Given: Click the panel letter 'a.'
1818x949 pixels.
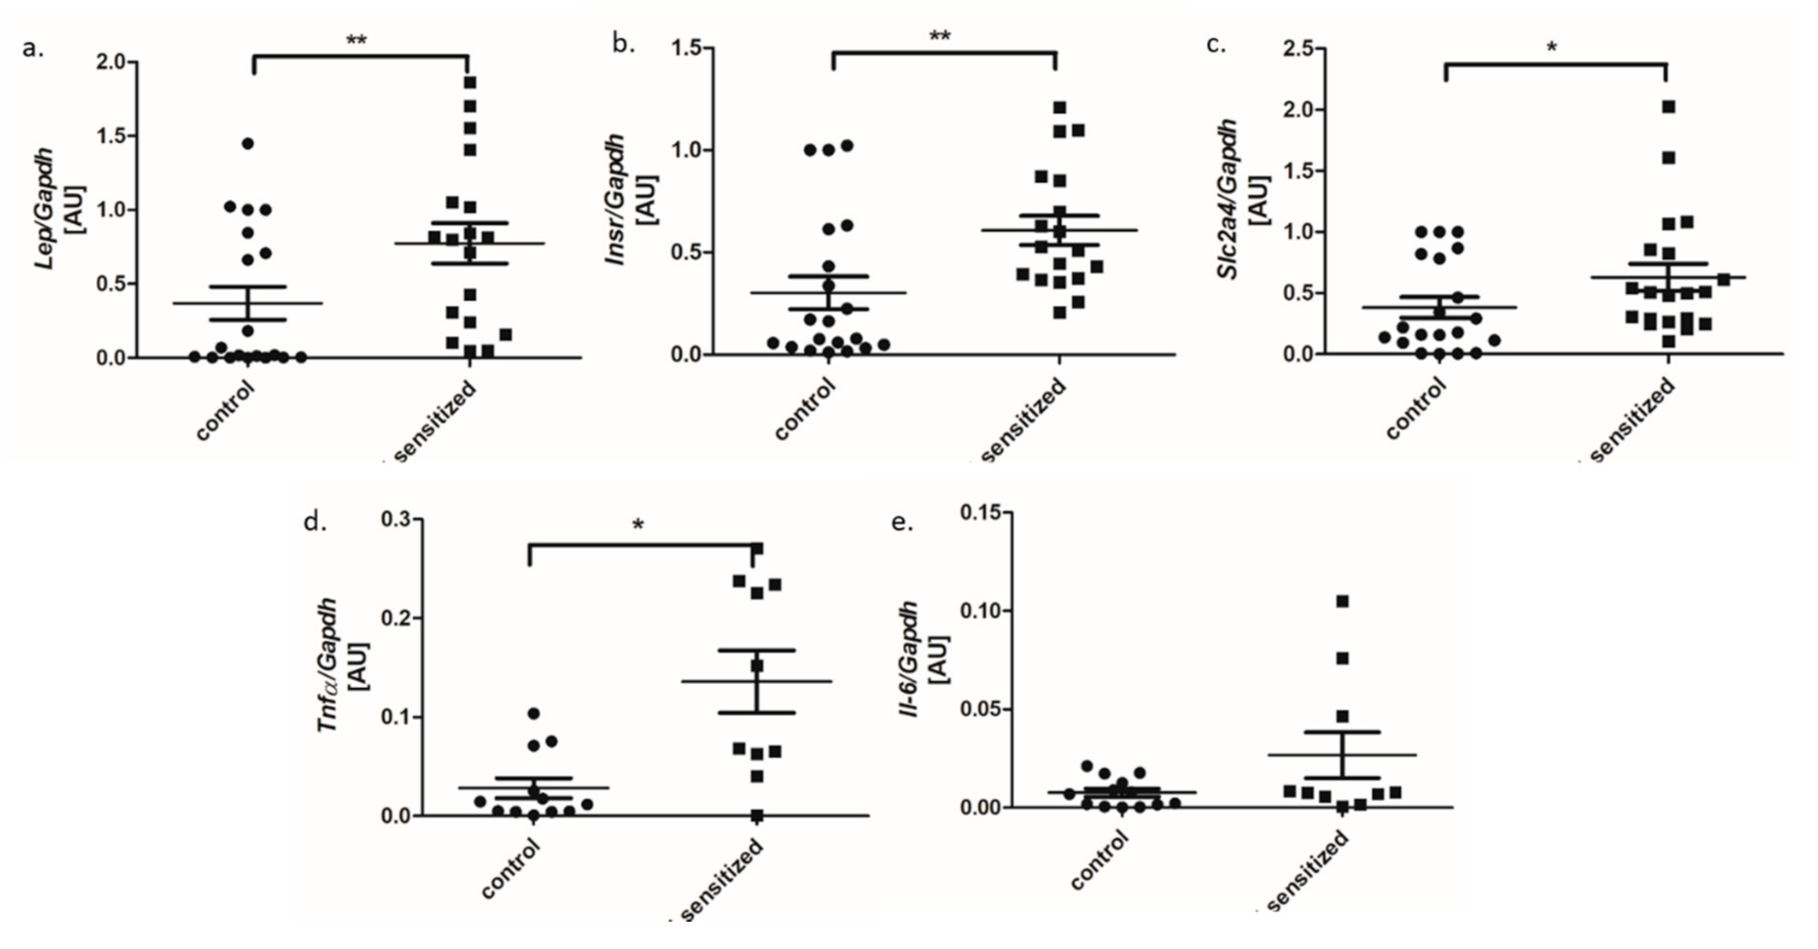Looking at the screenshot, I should click(x=33, y=48).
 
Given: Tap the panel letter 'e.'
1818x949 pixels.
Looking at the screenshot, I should click(x=902, y=522).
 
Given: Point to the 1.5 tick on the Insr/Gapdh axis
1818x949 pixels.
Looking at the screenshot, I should click(x=691, y=48).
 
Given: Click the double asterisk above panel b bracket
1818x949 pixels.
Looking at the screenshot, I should click(x=940, y=37).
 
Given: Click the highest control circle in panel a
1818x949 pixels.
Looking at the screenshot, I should click(x=248, y=143).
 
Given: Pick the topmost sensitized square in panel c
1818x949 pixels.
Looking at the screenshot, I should click(x=1669, y=106).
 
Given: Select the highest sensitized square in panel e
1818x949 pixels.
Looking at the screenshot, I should click(x=1343, y=601).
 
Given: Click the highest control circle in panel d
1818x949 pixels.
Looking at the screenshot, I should click(x=533, y=714).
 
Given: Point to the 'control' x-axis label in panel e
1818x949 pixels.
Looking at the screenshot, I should click(x=1098, y=861).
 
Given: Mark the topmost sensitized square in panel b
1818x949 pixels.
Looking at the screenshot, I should click(x=1060, y=107).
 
